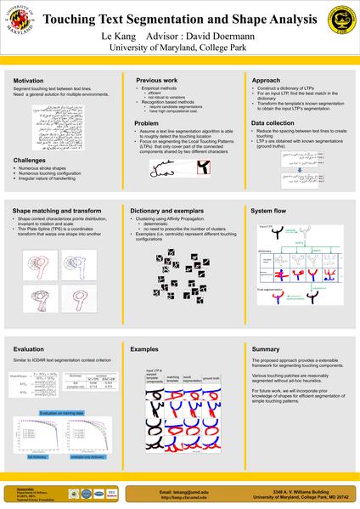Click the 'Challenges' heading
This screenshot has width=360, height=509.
(30, 160)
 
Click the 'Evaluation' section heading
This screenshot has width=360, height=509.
(30, 349)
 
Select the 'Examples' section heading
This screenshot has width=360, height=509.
(144, 349)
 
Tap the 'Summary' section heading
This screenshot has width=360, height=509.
(266, 349)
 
